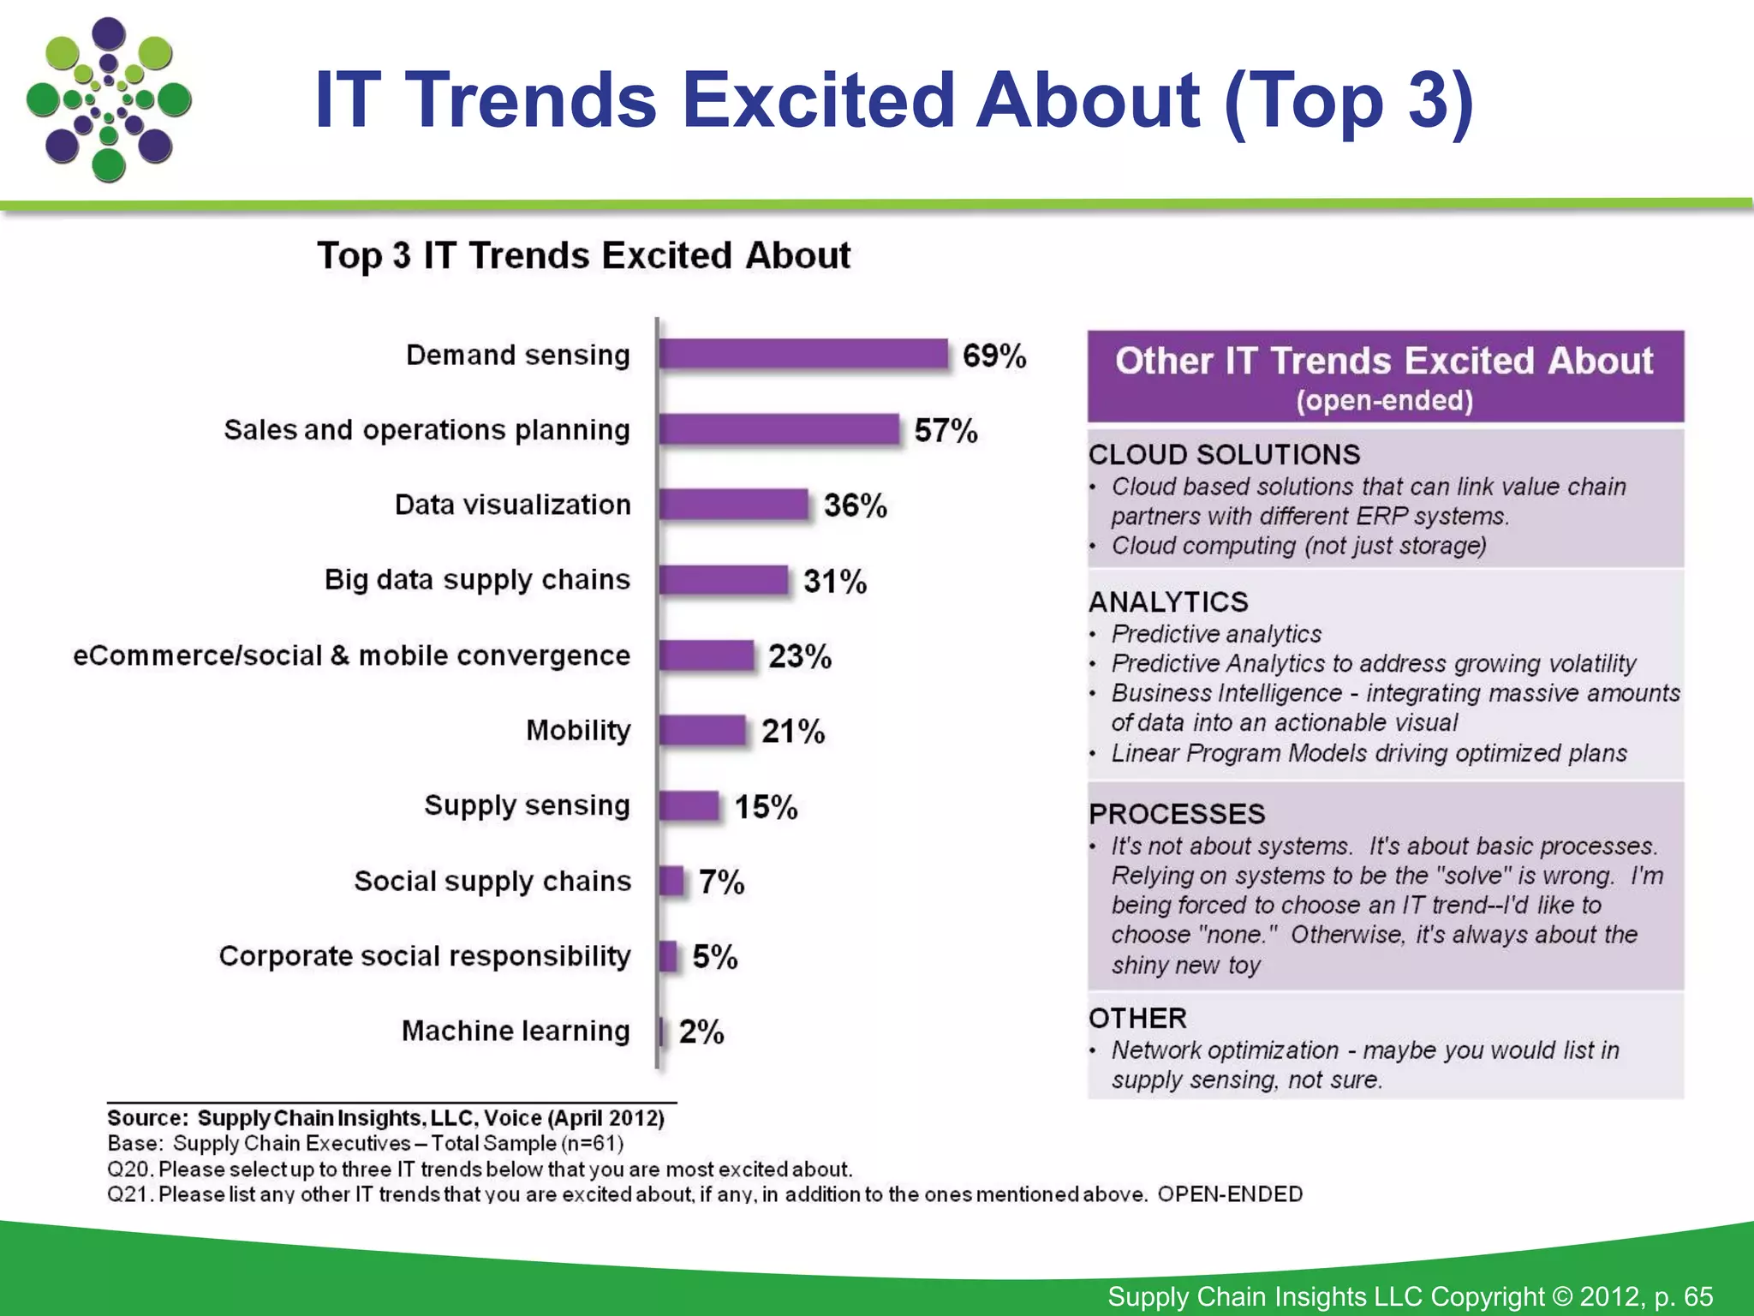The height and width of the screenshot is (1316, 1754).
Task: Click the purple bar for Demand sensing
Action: [x=803, y=354]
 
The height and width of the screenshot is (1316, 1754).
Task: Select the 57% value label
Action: [x=946, y=430]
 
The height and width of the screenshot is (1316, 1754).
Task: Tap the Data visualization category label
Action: [x=512, y=505]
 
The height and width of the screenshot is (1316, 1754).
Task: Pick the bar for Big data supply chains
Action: [x=723, y=580]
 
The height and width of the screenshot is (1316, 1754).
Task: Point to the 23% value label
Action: [x=799, y=656]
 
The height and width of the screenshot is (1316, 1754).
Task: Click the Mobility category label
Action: [x=578, y=730]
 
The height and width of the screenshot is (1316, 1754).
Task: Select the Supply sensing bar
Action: [x=689, y=806]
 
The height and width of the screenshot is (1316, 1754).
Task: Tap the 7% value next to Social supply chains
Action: [x=721, y=882]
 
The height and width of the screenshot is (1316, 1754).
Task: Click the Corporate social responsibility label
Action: [x=425, y=955]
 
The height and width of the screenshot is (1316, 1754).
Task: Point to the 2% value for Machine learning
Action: [x=701, y=1032]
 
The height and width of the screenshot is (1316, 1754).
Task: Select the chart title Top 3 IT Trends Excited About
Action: [x=583, y=255]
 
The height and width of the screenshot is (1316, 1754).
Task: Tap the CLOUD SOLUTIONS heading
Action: [x=1224, y=454]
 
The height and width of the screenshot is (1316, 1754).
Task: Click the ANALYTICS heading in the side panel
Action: [x=1168, y=601]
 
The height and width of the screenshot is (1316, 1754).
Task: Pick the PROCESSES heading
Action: [x=1177, y=813]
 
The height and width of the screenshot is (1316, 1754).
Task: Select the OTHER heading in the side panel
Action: [x=1137, y=1018]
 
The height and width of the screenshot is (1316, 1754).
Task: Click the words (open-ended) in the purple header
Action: [x=1384, y=400]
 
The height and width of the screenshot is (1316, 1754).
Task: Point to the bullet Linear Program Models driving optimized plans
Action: [x=1369, y=753]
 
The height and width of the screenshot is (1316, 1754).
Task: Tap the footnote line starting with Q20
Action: [x=480, y=1169]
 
